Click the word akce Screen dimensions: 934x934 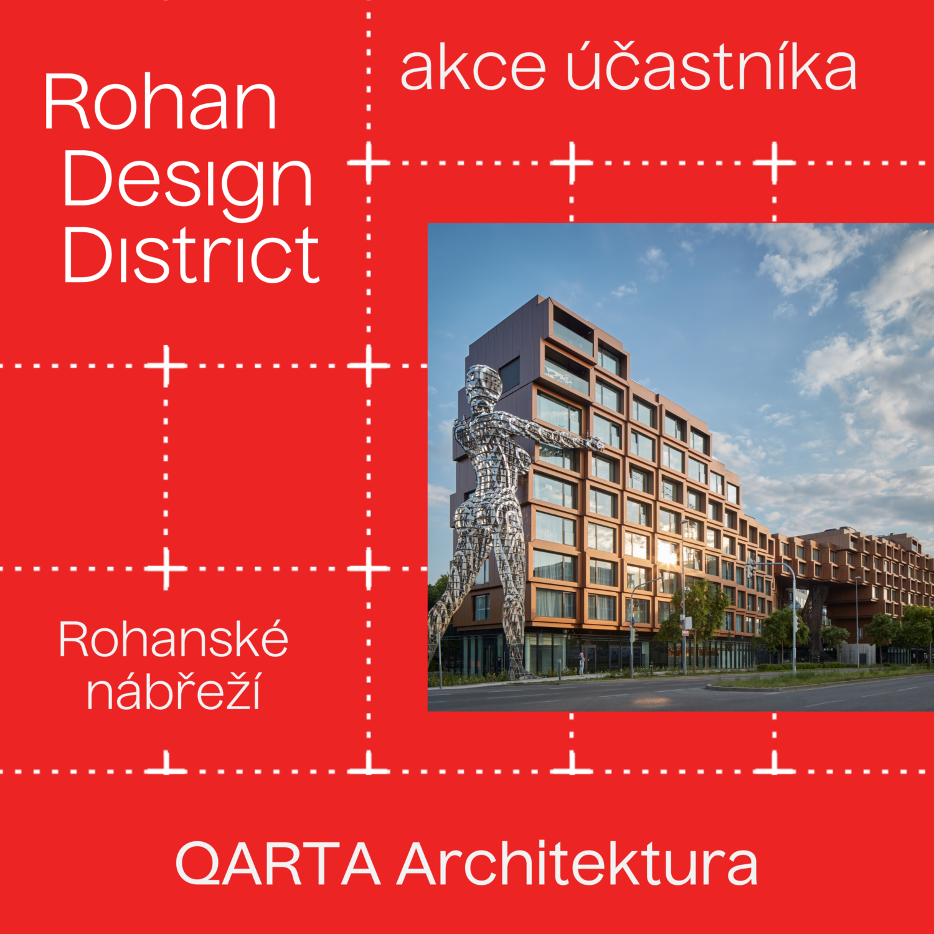473,69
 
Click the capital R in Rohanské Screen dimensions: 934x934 77,639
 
